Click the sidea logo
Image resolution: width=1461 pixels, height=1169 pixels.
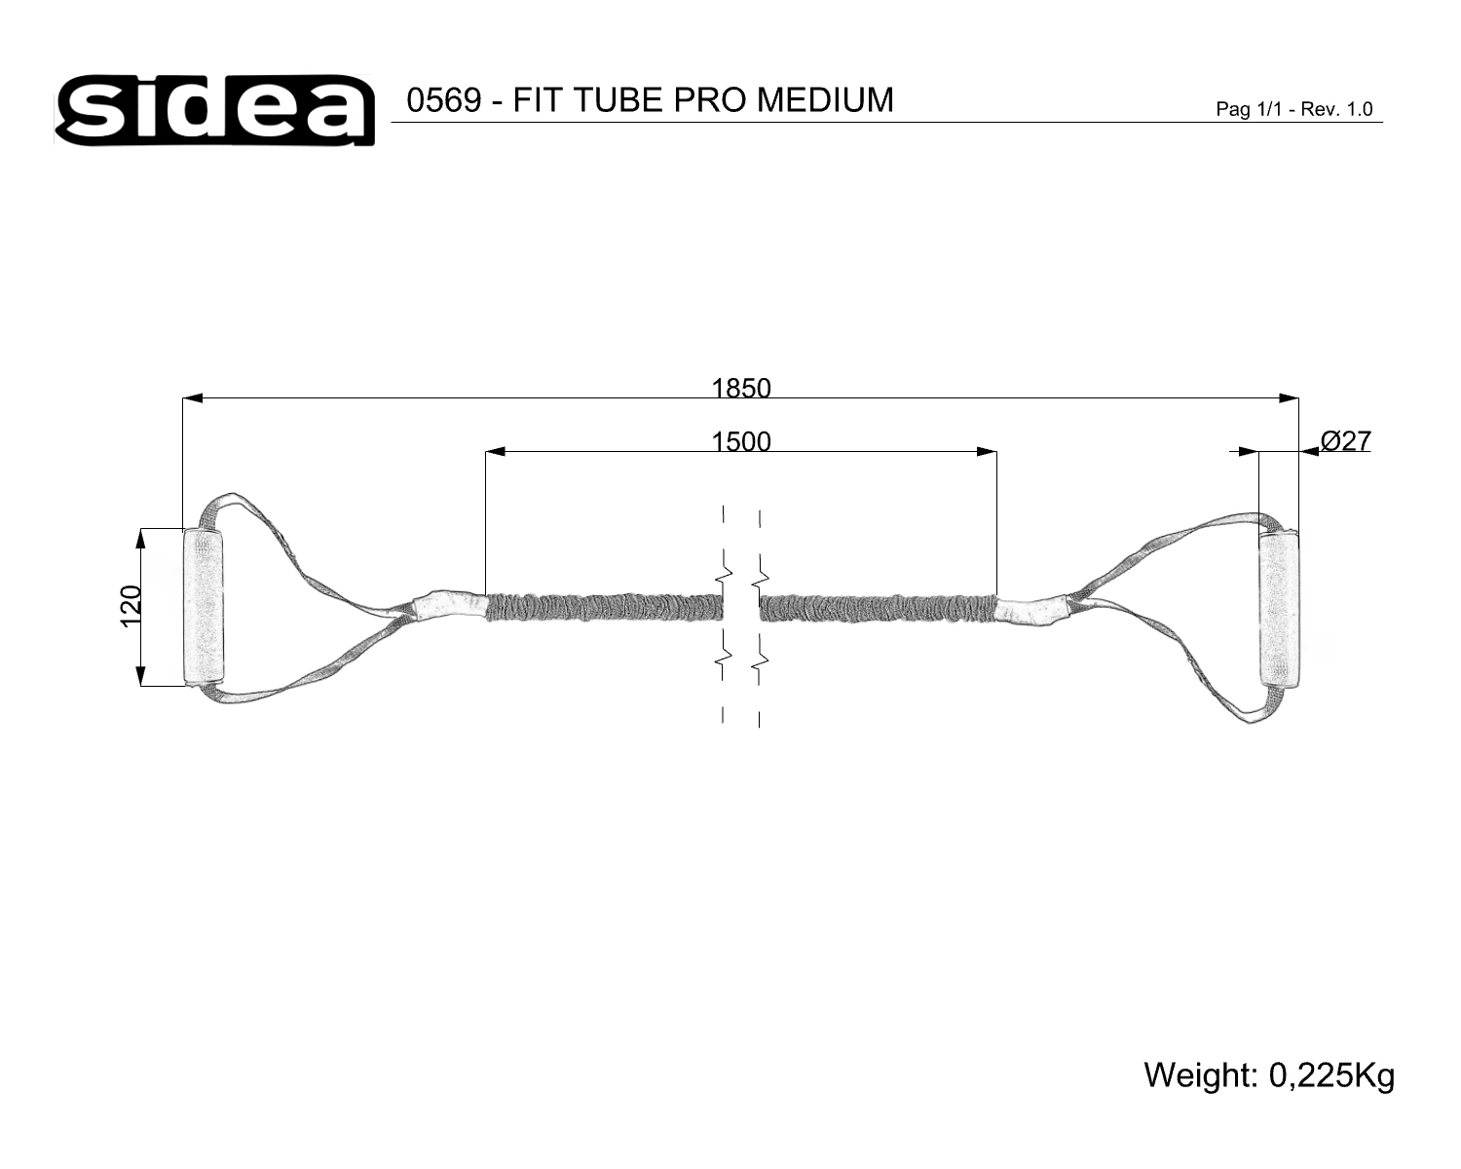[214, 110]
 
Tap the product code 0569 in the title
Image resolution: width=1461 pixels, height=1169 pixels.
[444, 100]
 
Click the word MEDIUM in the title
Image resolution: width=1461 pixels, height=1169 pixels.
[825, 100]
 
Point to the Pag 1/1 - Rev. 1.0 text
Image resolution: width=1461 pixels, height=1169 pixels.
[1294, 109]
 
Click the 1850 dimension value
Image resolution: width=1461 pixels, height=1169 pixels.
[740, 389]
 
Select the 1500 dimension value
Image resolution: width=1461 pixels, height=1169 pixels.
[740, 442]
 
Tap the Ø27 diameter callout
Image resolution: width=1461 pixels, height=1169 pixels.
[1346, 441]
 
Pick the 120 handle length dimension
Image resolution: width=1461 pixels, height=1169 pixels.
[131, 607]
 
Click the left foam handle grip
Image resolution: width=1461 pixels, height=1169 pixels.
[203, 607]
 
